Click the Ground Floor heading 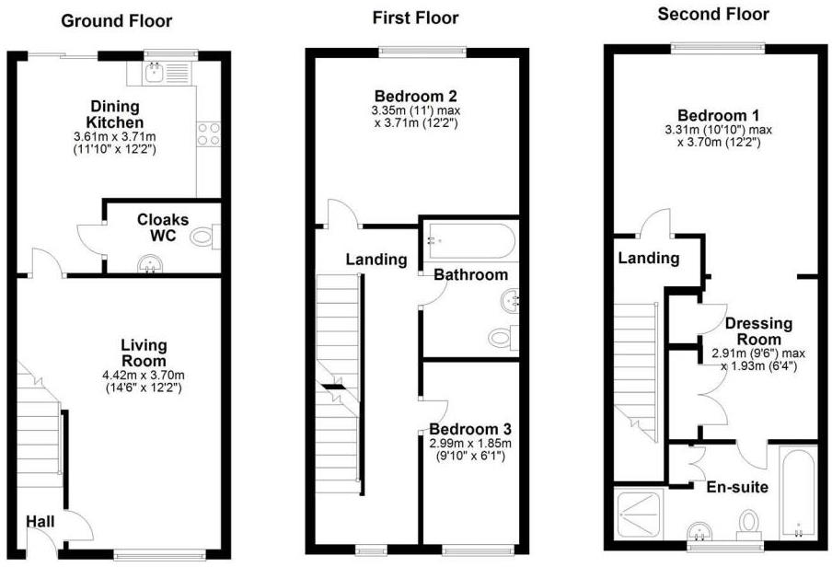(116, 21)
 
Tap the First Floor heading (416, 17)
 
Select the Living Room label (144, 353)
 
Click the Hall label (40, 522)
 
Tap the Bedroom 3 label (470, 430)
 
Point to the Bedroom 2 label (416, 96)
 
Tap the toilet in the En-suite (747, 523)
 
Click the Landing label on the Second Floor (648, 259)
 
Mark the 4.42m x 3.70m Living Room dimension (144, 375)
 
